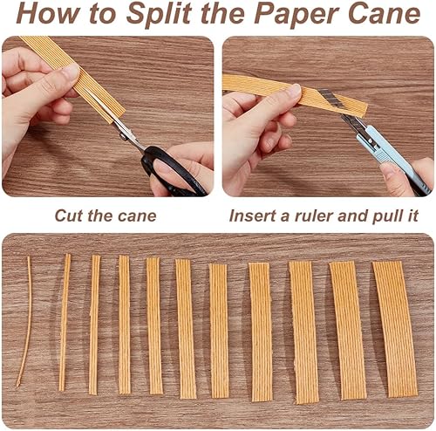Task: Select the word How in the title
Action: coord(45,14)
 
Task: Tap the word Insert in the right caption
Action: coord(252,215)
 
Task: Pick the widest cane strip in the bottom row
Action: coord(395,328)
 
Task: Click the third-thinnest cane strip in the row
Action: coord(93,324)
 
